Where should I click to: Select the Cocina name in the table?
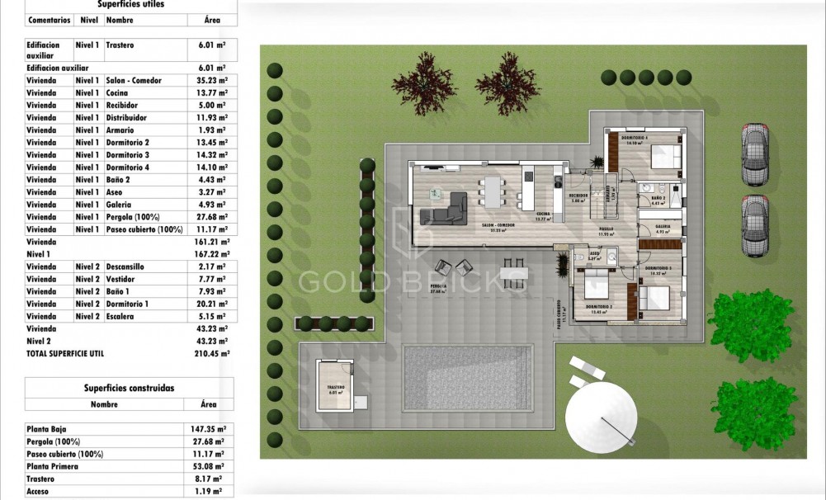click(117, 93)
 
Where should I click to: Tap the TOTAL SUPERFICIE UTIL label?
click(65, 353)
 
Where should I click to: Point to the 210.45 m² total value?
click(212, 353)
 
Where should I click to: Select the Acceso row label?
click(39, 491)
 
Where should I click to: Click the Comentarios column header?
click(49, 19)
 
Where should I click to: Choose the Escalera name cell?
click(120, 316)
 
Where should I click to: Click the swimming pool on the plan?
click(466, 386)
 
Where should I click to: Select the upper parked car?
click(754, 154)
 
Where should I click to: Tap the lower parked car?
click(754, 225)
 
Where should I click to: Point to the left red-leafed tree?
click(423, 85)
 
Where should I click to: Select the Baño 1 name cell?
click(119, 291)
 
